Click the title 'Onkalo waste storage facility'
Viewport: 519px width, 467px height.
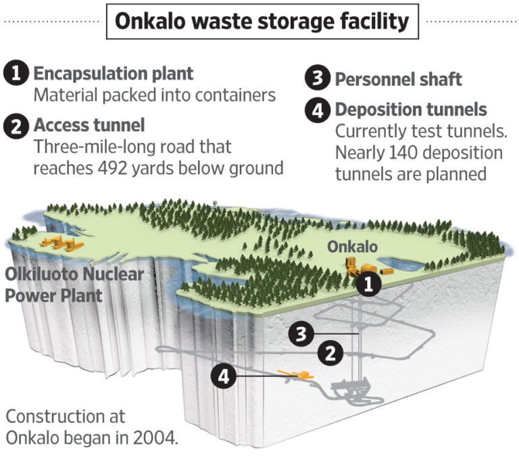point(262,22)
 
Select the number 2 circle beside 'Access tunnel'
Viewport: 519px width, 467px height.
point(16,126)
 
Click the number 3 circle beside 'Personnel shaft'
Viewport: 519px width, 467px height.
point(316,78)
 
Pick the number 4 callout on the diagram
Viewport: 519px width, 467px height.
point(225,376)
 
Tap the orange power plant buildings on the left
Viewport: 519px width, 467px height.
point(58,241)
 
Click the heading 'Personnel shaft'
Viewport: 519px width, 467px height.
point(399,78)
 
